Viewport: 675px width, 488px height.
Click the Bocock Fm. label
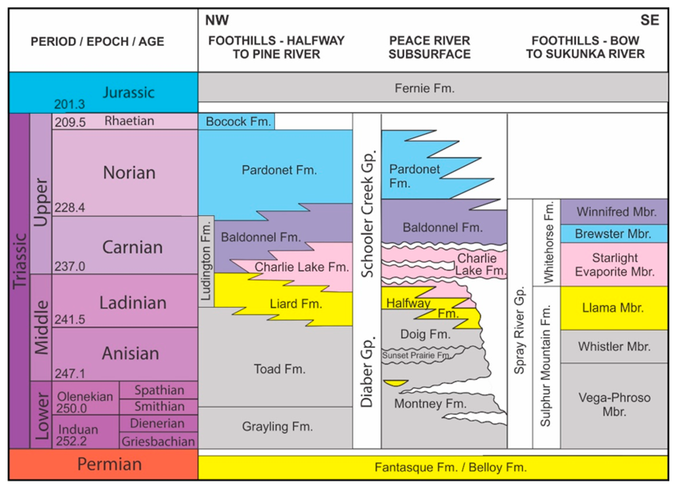tap(238, 122)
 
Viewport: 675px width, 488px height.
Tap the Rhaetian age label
tap(129, 121)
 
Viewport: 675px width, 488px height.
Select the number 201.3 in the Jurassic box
tap(69, 104)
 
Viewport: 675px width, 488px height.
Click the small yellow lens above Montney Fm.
tap(395, 383)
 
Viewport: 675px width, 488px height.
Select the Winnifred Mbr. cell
tap(616, 212)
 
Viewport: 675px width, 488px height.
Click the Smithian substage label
tap(159, 406)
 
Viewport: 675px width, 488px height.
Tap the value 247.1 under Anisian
tap(70, 374)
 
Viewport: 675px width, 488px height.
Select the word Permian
tap(109, 464)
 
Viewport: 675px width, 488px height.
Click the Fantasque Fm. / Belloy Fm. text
tap(451, 467)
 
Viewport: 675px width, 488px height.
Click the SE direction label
tap(650, 20)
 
